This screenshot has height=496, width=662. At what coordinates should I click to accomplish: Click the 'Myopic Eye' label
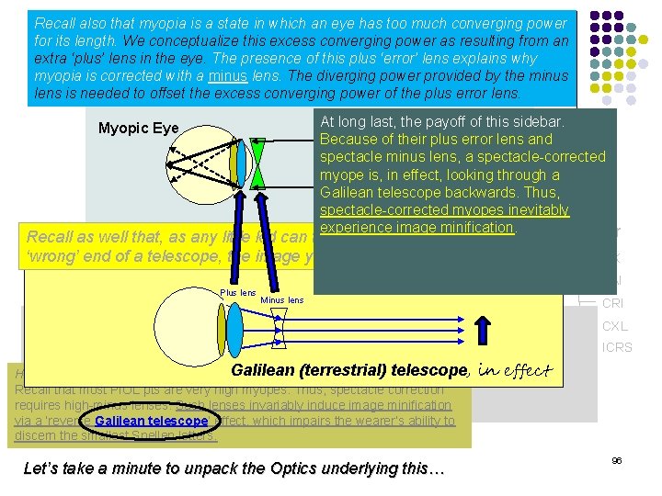tap(138, 128)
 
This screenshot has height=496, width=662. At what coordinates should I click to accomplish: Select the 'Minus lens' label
tap(281, 300)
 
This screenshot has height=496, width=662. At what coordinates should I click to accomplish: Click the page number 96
tap(616, 460)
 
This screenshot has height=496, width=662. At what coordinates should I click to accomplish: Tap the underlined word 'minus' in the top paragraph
tap(228, 76)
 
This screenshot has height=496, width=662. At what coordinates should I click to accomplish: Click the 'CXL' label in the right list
tap(614, 326)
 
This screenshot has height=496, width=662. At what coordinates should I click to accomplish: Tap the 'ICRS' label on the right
tap(616, 348)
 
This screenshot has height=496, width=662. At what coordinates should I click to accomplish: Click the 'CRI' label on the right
tap(613, 304)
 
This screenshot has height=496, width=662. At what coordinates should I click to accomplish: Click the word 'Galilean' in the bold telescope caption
tap(266, 370)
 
